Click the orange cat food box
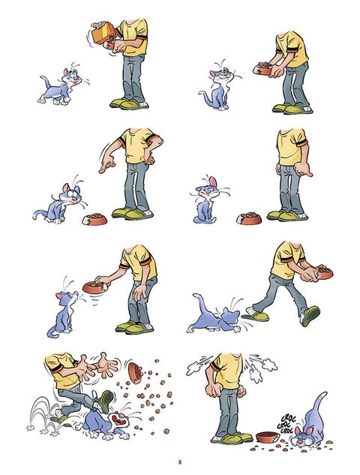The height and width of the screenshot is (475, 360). point(103,32)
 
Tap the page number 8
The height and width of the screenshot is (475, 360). point(179,462)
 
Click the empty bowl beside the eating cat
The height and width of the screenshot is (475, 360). point(268,437)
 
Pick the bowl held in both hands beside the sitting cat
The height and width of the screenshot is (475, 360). point(262,69)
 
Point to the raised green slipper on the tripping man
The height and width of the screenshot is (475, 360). point(106,401)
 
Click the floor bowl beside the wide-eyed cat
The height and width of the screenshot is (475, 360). point(94,219)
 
